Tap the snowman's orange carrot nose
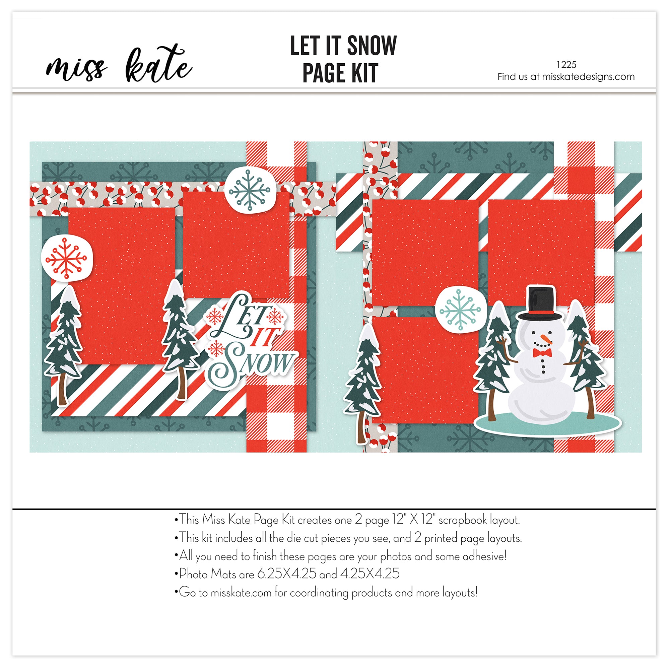pos(546,339)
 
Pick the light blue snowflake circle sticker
pos(460,309)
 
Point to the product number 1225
pos(566,65)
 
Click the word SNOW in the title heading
pos(372,46)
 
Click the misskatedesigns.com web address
pos(588,77)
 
